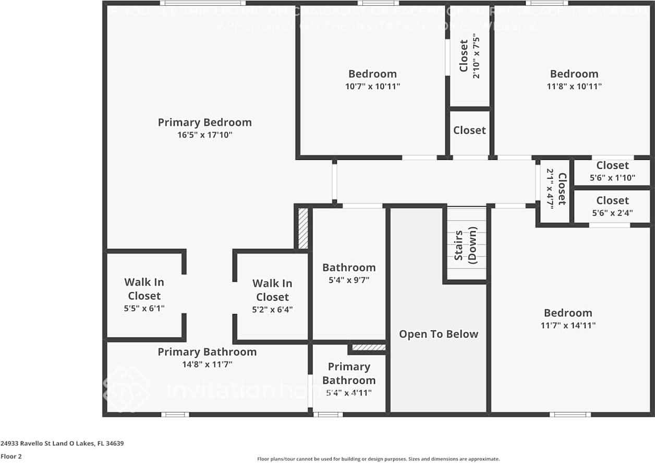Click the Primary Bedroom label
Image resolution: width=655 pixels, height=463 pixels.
[x=204, y=122]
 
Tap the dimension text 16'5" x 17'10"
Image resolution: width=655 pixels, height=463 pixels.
[x=204, y=135]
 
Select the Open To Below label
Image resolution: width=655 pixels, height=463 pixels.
[x=439, y=334]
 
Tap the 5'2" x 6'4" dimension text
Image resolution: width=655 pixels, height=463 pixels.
[x=272, y=309]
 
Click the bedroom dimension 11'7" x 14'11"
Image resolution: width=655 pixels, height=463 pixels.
[x=568, y=326]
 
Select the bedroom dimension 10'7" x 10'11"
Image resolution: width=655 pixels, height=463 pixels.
[x=372, y=86]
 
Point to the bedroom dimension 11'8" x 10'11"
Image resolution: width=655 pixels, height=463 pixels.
[x=574, y=86]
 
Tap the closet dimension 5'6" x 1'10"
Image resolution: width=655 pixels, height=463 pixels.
[x=612, y=178]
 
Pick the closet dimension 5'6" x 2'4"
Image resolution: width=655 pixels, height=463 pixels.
[x=612, y=213]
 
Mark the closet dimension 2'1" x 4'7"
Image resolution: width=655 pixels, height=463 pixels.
[x=550, y=189]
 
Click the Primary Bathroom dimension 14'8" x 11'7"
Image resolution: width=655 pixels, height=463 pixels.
[x=207, y=365]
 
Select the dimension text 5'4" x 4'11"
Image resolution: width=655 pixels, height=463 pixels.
[x=349, y=393]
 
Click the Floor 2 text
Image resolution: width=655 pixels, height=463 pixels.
[x=11, y=456]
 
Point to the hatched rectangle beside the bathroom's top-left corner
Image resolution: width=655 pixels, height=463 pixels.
[x=302, y=228]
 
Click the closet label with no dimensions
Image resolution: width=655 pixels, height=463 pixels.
[x=469, y=130]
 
